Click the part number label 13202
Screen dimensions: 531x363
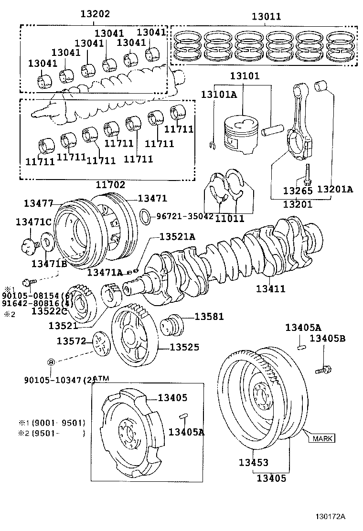(96, 14)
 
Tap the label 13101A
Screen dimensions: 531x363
(218, 95)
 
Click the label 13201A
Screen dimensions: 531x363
(334, 190)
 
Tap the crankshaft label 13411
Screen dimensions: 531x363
(270, 288)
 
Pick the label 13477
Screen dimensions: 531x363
(39, 203)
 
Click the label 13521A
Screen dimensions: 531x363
(177, 237)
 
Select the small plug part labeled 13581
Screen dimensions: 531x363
(171, 327)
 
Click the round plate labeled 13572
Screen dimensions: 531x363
(100, 343)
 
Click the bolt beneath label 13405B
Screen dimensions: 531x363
(323, 368)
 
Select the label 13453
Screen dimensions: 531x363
(253, 463)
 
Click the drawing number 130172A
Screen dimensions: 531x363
(330, 517)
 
